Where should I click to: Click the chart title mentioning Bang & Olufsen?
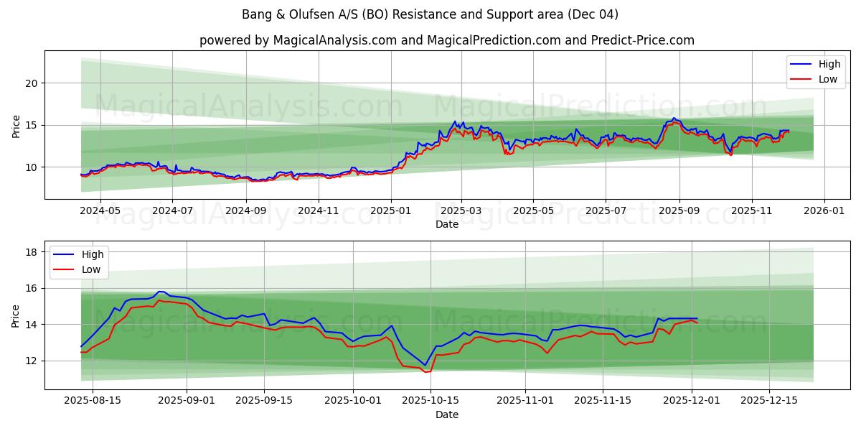(x=430, y=14)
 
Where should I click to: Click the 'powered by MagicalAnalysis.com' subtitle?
(x=446, y=40)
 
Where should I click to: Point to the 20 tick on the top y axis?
(x=32, y=83)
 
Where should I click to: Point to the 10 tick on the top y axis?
(x=32, y=167)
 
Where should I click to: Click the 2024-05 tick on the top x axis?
(x=100, y=211)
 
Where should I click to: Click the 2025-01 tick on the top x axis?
(x=391, y=211)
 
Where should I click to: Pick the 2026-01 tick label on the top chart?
(x=824, y=211)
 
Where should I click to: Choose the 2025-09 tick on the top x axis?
(x=679, y=211)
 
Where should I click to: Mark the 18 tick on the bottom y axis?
(x=32, y=252)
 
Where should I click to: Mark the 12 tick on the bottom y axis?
(x=32, y=361)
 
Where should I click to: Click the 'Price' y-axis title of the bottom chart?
(x=17, y=315)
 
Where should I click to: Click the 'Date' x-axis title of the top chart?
(x=446, y=224)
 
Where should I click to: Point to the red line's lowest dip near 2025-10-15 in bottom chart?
(x=425, y=372)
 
